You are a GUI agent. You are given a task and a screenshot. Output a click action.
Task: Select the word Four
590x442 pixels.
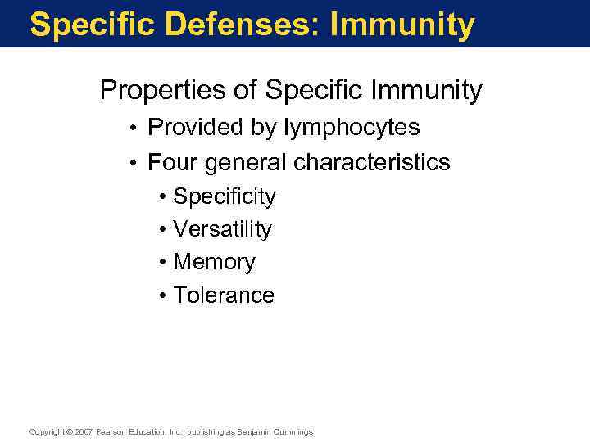point(172,162)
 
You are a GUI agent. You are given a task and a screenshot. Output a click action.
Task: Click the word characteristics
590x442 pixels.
point(371,162)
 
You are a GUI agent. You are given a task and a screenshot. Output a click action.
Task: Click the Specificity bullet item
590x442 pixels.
point(225,197)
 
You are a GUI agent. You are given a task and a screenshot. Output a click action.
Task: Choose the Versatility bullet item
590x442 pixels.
point(222,230)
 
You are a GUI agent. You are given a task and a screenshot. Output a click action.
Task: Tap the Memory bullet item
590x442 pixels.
point(214,263)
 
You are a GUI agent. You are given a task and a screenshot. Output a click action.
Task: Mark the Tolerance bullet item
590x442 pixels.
point(224,295)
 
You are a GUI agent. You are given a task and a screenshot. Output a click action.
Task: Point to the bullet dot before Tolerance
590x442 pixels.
point(165,295)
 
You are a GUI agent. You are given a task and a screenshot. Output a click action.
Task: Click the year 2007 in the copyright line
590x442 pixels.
point(84,431)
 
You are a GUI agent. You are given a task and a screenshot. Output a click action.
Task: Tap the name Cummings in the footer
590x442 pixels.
point(293,431)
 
